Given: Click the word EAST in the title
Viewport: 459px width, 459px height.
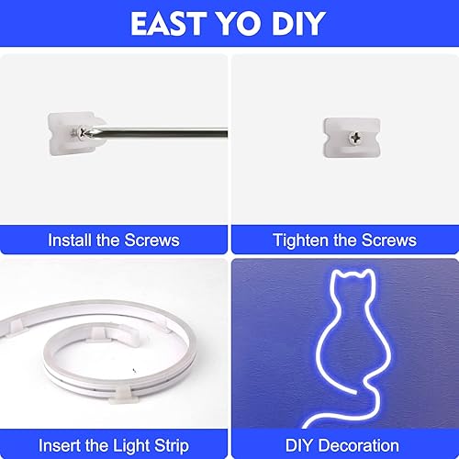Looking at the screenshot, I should (172, 24).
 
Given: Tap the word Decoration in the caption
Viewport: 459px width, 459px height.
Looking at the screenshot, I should (363, 445).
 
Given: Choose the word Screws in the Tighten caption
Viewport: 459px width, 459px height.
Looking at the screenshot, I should (386, 241).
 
